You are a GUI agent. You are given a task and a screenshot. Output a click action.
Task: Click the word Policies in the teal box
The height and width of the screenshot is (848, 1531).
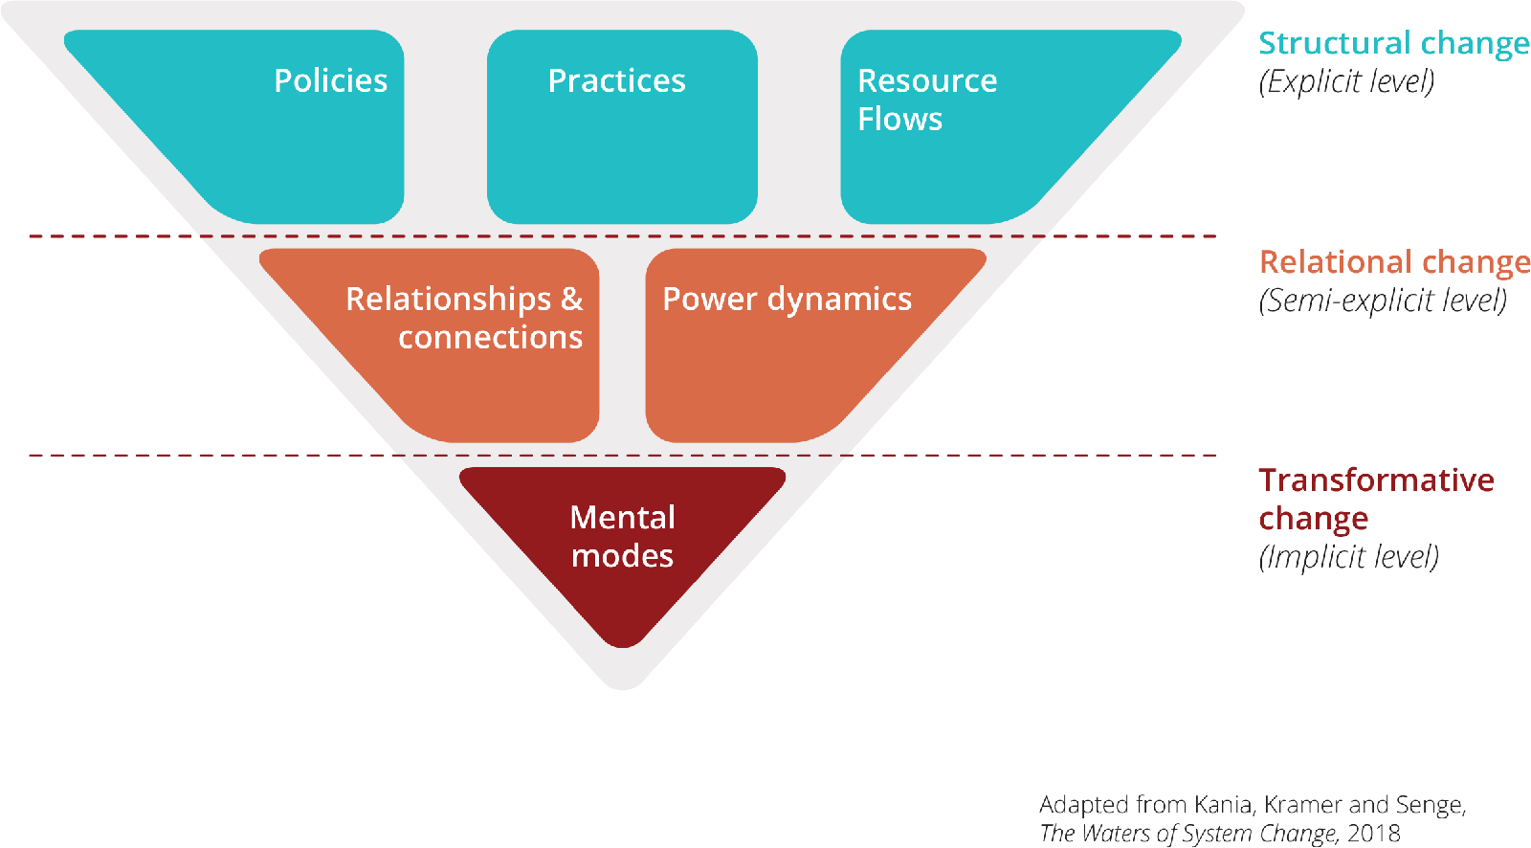click(x=330, y=80)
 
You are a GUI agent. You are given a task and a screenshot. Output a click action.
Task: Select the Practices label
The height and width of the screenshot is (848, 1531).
click(x=616, y=80)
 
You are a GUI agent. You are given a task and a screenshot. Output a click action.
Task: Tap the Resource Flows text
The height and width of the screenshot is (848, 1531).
click(x=926, y=100)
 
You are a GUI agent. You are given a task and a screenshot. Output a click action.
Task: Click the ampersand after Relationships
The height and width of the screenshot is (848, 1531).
click(x=572, y=299)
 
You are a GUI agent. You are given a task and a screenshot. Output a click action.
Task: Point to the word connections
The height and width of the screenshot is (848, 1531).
click(x=490, y=337)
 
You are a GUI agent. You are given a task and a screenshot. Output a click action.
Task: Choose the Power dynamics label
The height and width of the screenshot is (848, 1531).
click(x=787, y=299)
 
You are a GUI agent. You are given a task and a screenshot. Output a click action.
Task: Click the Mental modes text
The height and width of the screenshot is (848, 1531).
click(x=622, y=536)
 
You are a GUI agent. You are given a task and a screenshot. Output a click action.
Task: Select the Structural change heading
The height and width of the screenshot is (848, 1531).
click(x=1393, y=43)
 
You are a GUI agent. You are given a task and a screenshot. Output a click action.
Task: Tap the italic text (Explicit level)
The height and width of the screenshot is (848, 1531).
click(x=1346, y=81)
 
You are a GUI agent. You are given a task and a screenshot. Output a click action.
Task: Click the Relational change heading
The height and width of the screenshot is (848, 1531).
click(x=1393, y=261)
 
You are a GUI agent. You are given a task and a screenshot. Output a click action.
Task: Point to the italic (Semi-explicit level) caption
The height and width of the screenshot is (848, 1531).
click(x=1383, y=301)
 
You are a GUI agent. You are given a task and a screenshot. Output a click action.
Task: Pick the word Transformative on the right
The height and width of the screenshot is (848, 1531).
click(x=1376, y=480)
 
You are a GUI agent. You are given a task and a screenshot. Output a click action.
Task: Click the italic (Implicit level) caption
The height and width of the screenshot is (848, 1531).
click(x=1348, y=557)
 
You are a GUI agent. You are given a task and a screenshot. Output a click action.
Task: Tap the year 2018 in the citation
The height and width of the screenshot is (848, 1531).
click(x=1374, y=833)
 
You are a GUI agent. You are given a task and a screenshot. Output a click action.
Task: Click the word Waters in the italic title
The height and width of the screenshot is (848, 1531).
click(x=1115, y=833)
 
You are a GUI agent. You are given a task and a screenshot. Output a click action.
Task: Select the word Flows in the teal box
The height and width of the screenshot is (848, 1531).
click(x=899, y=119)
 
